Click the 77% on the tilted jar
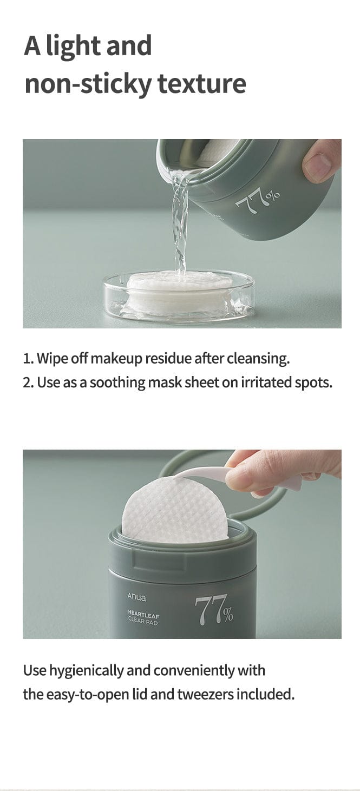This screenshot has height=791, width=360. tap(258, 200)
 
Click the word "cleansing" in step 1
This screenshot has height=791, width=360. tap(258, 358)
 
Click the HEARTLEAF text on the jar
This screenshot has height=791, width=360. tap(144, 615)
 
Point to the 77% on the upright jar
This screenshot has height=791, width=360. tap(214, 610)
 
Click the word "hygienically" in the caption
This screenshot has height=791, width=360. tap(86, 670)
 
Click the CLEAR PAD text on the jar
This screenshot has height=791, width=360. tap(143, 622)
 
